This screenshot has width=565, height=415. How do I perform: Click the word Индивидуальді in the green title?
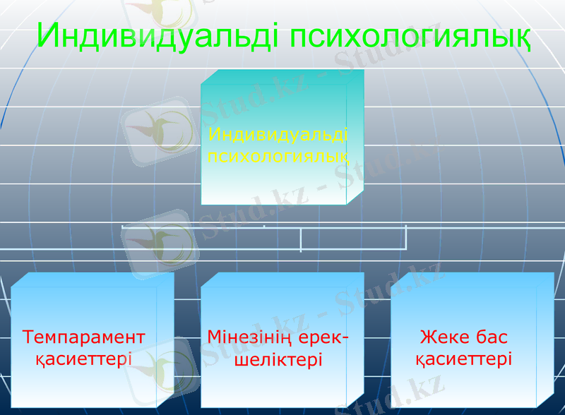click(x=159, y=35)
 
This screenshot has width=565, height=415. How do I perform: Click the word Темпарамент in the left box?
click(x=84, y=337)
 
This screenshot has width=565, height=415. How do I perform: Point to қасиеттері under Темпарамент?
click(x=84, y=359)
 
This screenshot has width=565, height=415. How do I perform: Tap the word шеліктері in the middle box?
click(x=278, y=359)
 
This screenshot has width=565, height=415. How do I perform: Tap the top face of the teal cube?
click(x=282, y=77)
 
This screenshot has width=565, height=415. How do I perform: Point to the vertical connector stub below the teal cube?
click(x=301, y=239)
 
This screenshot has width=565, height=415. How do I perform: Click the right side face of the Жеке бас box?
click(x=545, y=339)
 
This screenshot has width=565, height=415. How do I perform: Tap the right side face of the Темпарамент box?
click(x=165, y=339)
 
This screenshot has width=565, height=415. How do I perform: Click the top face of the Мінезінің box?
click(x=282, y=279)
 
